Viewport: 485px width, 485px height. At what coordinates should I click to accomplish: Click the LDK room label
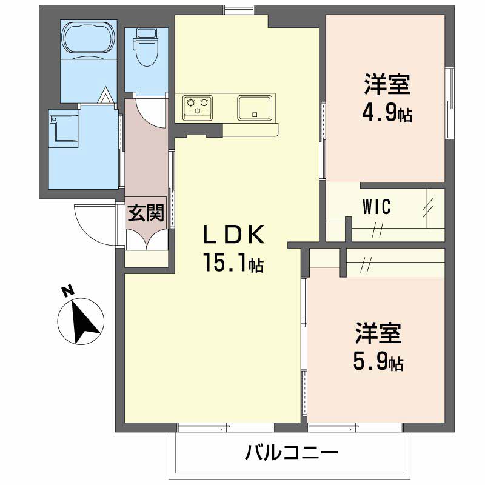pyautogui.click(x=234, y=235)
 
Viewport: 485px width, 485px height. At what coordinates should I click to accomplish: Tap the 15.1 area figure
pyautogui.click(x=226, y=262)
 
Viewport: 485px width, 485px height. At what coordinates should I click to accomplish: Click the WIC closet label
pyautogui.click(x=376, y=207)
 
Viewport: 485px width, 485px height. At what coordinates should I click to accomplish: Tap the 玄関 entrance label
pyautogui.click(x=145, y=213)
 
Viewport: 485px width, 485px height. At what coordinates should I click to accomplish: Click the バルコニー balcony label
pyautogui.click(x=292, y=453)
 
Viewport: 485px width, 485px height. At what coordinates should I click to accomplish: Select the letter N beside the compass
pyautogui.click(x=68, y=291)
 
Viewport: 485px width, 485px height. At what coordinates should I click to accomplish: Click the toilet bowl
pyautogui.click(x=145, y=47)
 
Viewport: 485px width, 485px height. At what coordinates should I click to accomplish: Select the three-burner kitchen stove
pyautogui.click(x=198, y=108)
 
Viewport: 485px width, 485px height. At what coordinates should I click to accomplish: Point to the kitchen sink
pyautogui.click(x=255, y=107)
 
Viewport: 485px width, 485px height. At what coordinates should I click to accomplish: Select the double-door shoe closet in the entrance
pyautogui.click(x=146, y=239)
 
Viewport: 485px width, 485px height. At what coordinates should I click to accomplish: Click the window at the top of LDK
pyautogui.click(x=239, y=10)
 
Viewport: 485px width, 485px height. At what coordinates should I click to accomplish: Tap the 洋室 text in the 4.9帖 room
pyautogui.click(x=387, y=84)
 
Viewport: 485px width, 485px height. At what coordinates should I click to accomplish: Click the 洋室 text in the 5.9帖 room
pyautogui.click(x=378, y=333)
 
